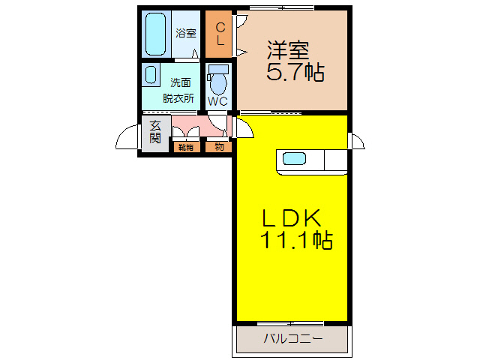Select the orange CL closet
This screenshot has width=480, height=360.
220,34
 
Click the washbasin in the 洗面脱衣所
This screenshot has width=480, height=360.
151,75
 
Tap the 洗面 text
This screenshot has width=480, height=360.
180,82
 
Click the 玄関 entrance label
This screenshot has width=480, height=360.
155,133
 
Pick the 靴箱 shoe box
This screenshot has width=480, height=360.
186,147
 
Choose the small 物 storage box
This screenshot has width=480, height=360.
218,147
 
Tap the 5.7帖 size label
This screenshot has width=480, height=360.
295,73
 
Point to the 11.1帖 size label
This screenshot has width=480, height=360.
297,241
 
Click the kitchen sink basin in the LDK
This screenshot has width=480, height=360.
294,159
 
